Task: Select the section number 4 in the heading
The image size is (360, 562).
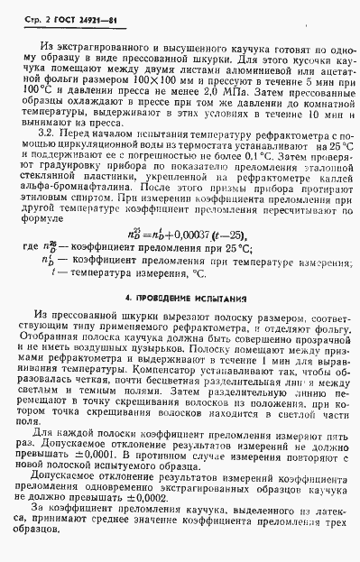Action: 125,320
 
